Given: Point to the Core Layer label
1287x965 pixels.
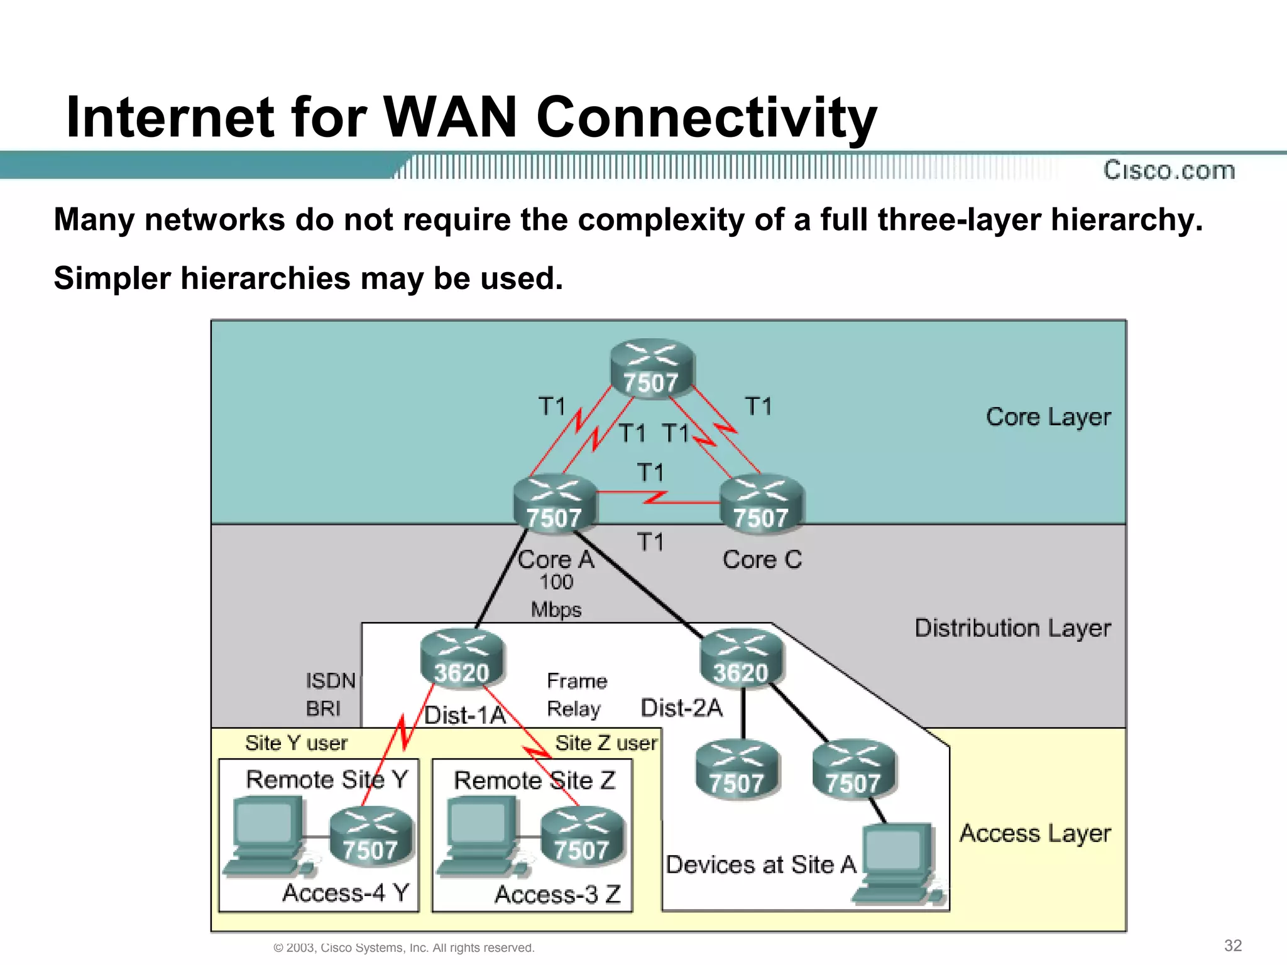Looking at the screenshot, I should pyautogui.click(x=1048, y=417).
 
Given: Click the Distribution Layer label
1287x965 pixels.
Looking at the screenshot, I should pyautogui.click(x=1012, y=628).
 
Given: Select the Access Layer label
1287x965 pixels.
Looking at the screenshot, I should pyautogui.click(x=1034, y=834).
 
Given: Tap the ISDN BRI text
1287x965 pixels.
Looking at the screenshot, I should pyautogui.click(x=331, y=695).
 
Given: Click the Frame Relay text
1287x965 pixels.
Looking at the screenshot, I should pyautogui.click(x=576, y=695).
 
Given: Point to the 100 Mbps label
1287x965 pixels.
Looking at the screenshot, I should pyautogui.click(x=556, y=596).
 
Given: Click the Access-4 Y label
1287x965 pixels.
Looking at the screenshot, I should pyautogui.click(x=345, y=893).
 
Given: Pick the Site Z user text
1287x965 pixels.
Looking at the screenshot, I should pyautogui.click(x=606, y=743).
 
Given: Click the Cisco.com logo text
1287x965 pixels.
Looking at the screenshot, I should pyautogui.click(x=1169, y=170).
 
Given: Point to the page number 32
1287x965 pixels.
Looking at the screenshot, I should pyautogui.click(x=1232, y=946).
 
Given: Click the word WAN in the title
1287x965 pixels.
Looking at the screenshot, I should pyautogui.click(x=450, y=117).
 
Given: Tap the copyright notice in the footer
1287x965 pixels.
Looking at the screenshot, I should pyautogui.click(x=403, y=947).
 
